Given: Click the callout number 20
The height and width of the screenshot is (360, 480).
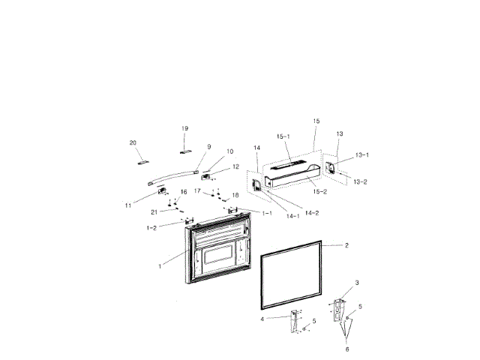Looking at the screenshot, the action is [133, 142].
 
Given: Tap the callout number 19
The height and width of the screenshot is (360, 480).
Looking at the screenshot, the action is [184, 129].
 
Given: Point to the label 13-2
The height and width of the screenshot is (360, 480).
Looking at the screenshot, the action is [359, 182].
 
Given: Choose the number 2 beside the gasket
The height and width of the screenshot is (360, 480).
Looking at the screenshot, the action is [346, 245].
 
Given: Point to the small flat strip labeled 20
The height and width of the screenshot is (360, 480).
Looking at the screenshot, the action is [143, 160].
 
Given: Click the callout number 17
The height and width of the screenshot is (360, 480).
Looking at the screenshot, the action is [198, 191].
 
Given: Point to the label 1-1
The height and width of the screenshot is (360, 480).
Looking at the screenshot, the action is [266, 213].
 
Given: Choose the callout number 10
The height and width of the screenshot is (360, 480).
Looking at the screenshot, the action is [209, 151].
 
